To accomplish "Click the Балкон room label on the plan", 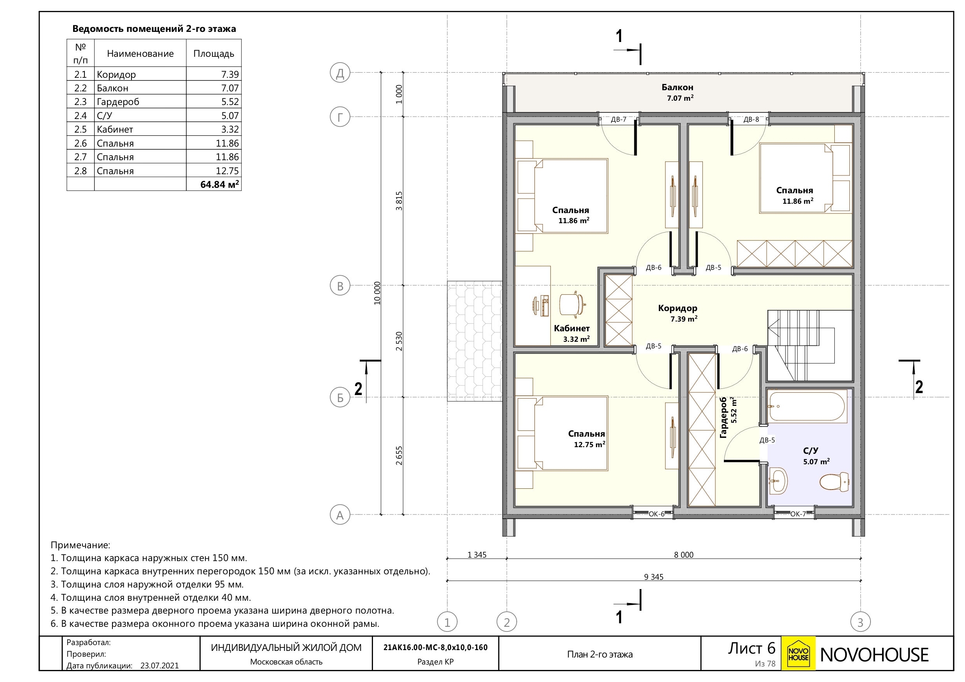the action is [x=677, y=87].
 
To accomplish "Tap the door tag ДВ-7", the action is [x=618, y=119].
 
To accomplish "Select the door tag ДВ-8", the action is [x=751, y=119].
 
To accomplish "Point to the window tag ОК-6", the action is [x=657, y=514].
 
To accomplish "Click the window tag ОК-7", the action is [x=798, y=514].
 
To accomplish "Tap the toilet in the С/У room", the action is [x=834, y=481].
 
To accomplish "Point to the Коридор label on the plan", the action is [x=678, y=308].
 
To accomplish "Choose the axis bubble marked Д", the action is [x=340, y=73].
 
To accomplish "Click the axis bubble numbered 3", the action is [x=860, y=622].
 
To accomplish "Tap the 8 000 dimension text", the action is [x=684, y=555].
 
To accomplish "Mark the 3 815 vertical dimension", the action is [x=399, y=201].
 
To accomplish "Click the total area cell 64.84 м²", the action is [x=219, y=184].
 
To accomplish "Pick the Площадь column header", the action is [x=214, y=54].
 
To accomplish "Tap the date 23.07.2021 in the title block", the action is [x=159, y=666].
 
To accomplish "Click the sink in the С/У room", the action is [x=778, y=481].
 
